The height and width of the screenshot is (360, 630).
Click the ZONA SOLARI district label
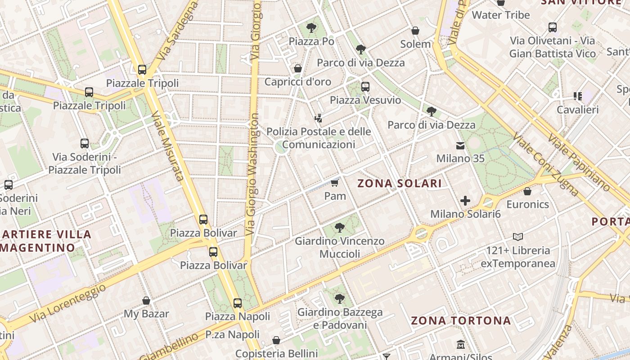(x=399, y=184)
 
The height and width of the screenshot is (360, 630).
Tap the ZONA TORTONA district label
(x=461, y=321)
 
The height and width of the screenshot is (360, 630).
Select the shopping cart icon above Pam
(x=334, y=183)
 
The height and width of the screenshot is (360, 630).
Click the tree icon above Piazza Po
(x=311, y=28)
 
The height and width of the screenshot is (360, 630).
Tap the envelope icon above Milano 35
(x=460, y=145)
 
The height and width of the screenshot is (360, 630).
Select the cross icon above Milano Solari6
(x=465, y=201)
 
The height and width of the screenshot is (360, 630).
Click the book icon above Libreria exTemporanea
(x=518, y=237)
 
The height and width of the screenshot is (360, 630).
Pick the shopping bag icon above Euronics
(x=527, y=191)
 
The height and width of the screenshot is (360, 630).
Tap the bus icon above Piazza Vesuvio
(x=365, y=86)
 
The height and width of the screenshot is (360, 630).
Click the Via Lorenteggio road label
(x=68, y=303)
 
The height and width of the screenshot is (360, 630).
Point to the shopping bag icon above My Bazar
(x=146, y=301)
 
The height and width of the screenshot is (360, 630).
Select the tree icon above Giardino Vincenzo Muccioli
(x=340, y=228)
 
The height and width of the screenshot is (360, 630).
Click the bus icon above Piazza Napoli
(x=238, y=303)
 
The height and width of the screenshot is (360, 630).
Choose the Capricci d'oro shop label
(x=297, y=82)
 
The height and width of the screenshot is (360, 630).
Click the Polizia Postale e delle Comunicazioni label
(x=319, y=138)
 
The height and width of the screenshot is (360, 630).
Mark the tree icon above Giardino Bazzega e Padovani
(x=340, y=298)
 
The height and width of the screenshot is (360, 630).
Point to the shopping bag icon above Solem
(x=415, y=31)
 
